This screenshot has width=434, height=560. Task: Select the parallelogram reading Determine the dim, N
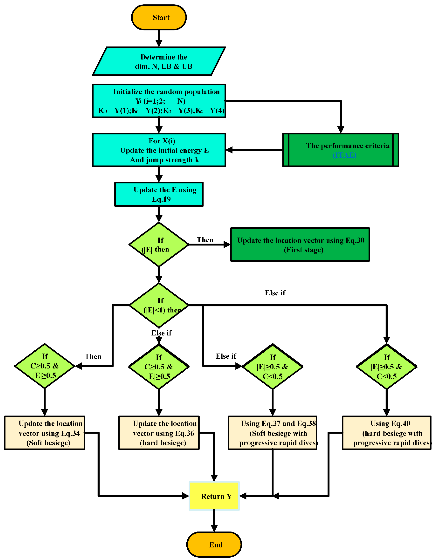point(159,61)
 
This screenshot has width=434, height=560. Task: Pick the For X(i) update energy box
point(159,150)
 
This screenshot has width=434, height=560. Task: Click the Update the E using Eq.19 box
point(159,194)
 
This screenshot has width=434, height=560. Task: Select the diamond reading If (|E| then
point(159,245)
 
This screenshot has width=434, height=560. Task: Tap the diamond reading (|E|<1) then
point(159,305)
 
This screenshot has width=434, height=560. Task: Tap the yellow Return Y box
point(214,496)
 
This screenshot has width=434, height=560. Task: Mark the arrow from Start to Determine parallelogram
point(159,38)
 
